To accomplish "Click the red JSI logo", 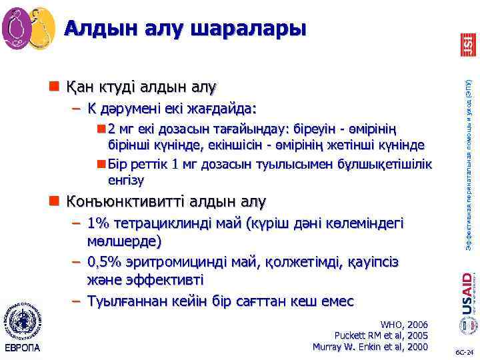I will point(468,43).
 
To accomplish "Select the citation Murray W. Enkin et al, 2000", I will point(371,346).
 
